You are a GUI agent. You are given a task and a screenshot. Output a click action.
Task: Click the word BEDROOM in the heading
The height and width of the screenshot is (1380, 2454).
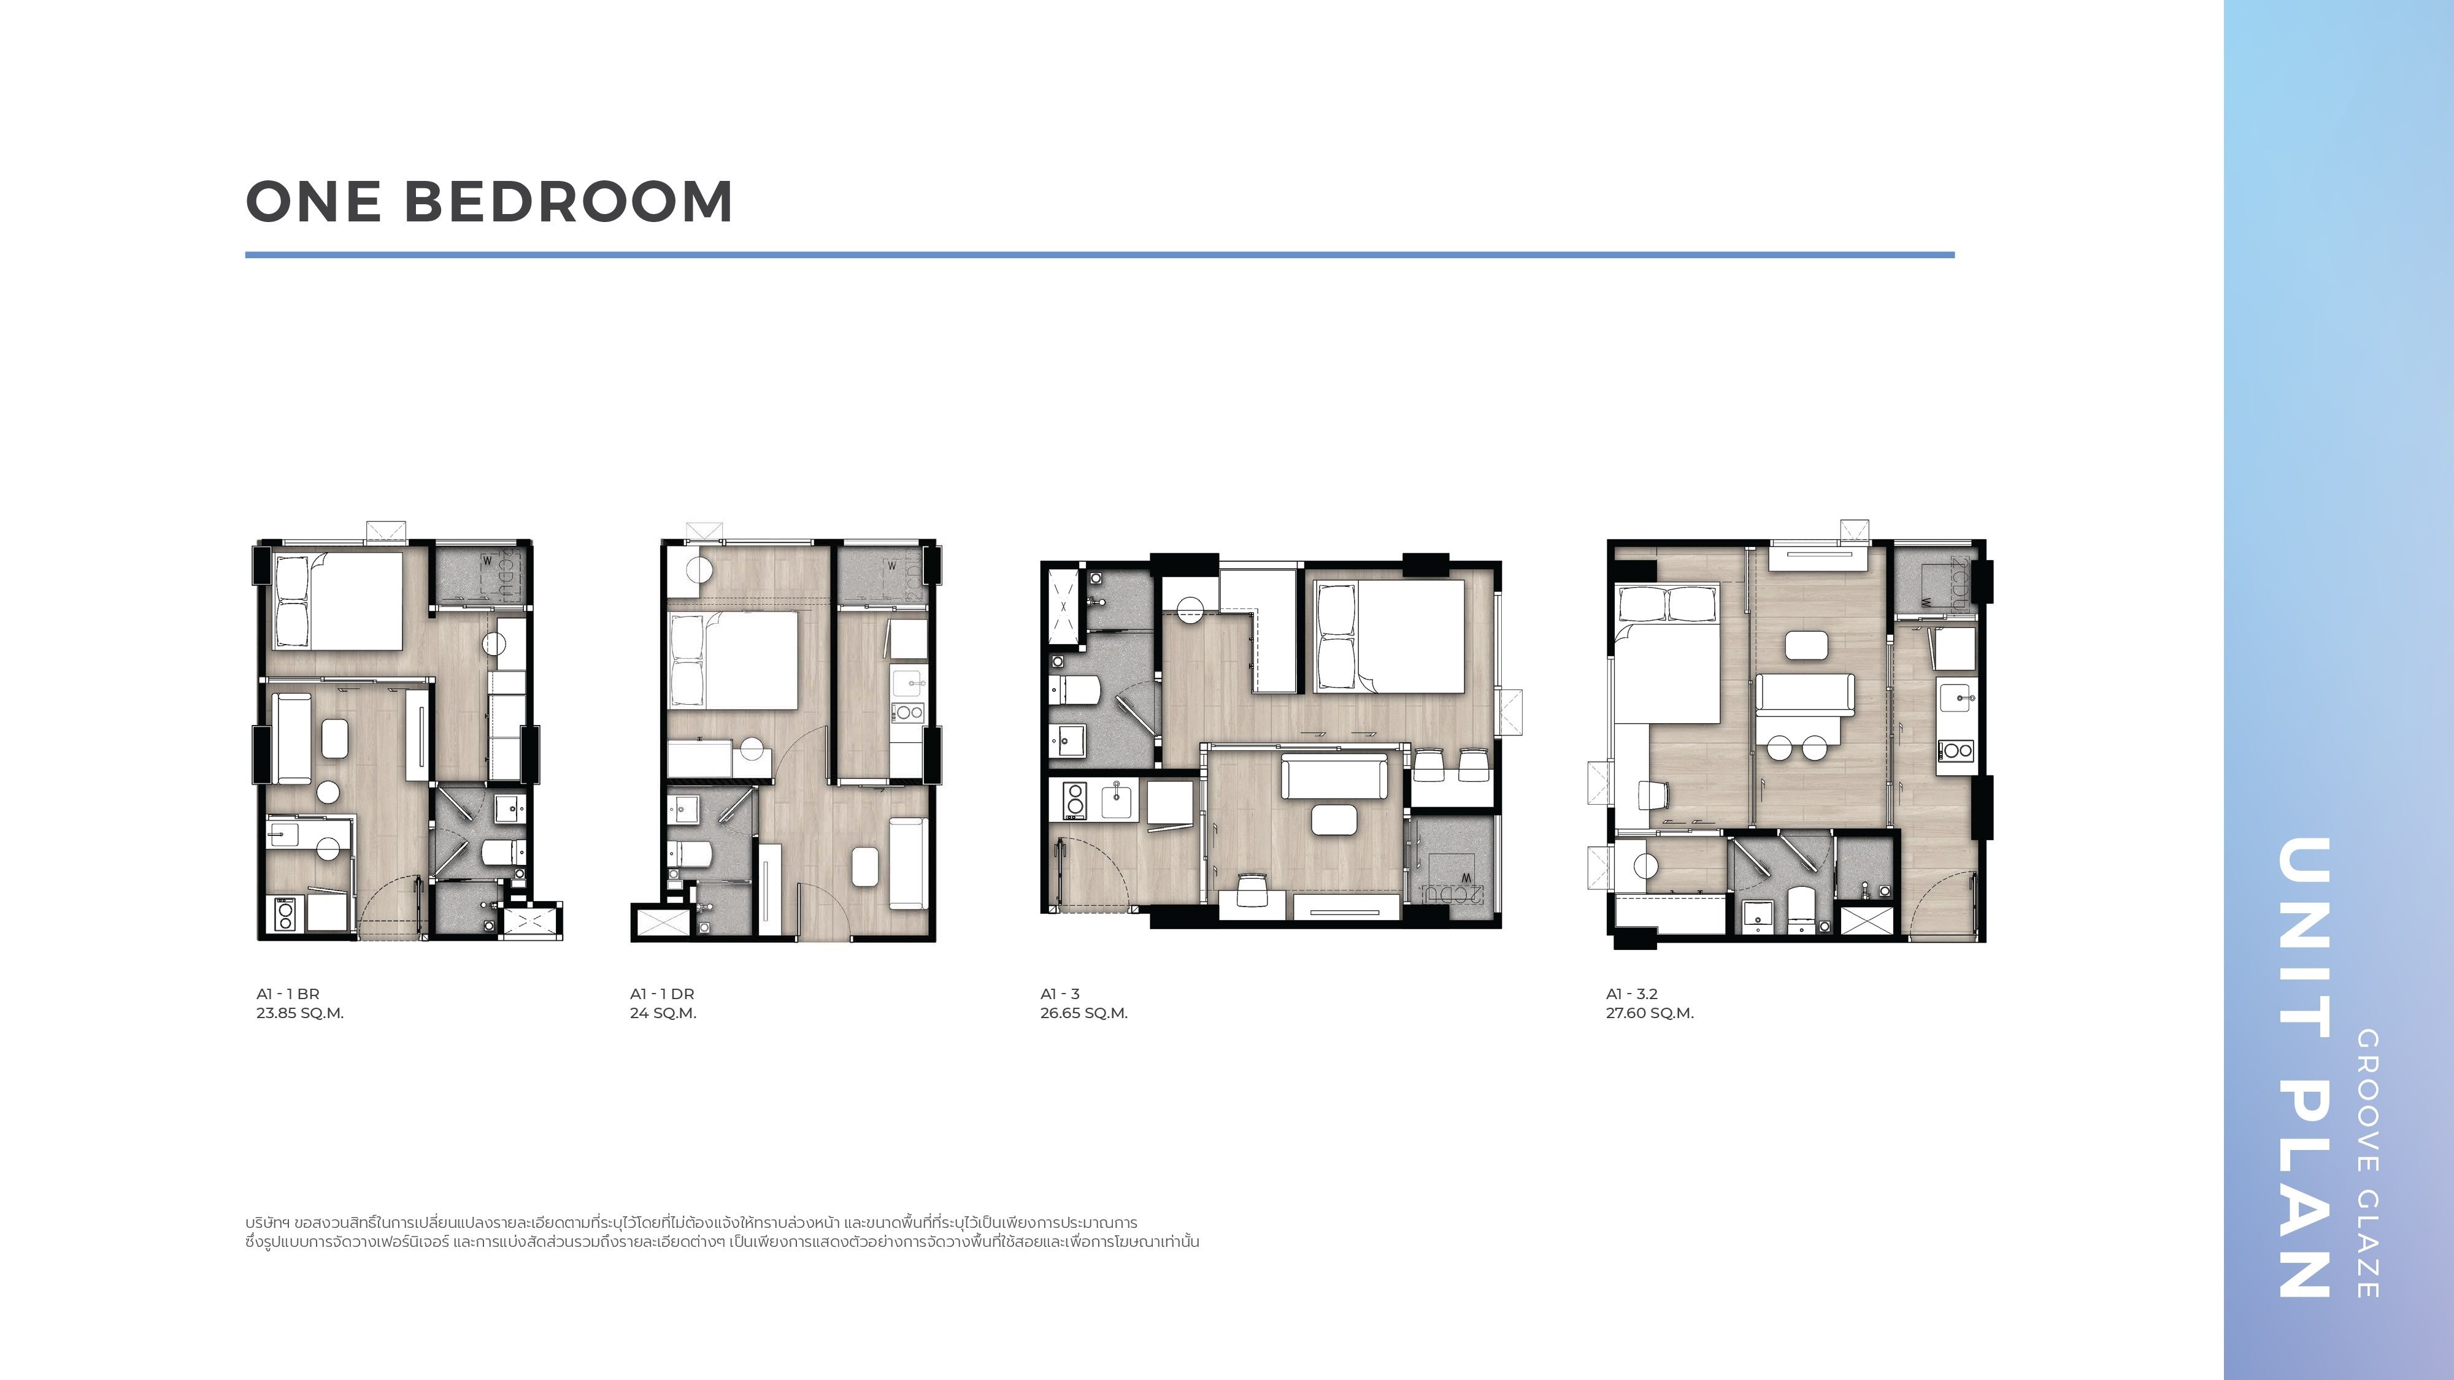coord(569,202)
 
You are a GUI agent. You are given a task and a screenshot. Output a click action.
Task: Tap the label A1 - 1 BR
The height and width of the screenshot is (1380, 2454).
coord(288,994)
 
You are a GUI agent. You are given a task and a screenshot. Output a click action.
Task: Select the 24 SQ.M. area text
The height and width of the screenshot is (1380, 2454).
coord(663,1013)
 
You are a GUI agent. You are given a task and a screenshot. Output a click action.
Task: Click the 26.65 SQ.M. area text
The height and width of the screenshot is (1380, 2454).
coord(1084,1013)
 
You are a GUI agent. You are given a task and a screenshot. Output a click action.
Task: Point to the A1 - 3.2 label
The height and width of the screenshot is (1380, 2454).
coord(1632,994)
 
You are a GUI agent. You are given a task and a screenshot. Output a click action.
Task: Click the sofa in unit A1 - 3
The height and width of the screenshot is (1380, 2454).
coord(1334,776)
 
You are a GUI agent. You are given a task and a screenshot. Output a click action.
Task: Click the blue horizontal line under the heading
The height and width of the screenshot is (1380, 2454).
coord(1099,255)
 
